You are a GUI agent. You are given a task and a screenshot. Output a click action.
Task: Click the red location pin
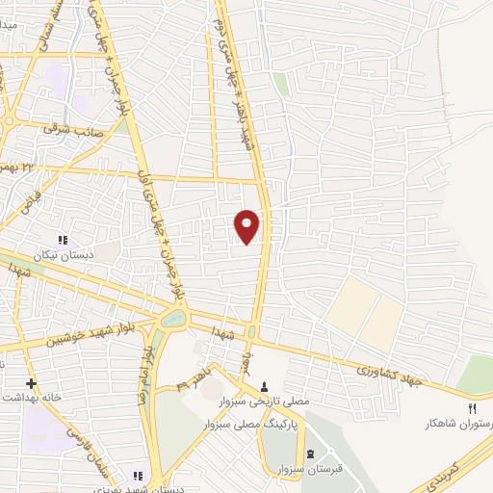point(247,225)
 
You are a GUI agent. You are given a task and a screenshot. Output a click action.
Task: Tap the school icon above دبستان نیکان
point(64,240)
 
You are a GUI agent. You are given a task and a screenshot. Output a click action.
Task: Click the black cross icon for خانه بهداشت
point(31,382)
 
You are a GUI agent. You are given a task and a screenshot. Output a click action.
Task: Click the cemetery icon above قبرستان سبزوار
point(309,454)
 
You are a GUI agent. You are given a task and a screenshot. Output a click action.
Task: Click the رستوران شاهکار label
point(460,423)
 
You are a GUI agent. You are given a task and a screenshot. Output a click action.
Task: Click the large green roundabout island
point(173,318)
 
